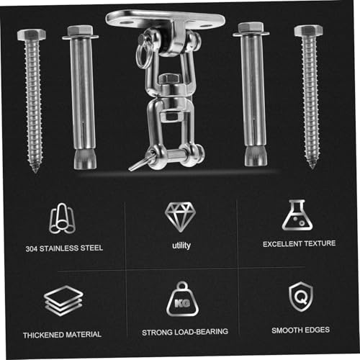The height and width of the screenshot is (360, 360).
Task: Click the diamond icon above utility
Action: (180, 217)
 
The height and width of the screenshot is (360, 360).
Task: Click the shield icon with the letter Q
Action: (301, 297)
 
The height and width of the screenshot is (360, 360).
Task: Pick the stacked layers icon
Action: (63, 300)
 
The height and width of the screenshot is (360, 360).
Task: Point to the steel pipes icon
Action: (62, 218)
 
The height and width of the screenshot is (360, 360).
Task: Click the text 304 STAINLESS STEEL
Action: (64, 248)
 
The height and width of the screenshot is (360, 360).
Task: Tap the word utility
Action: (181, 246)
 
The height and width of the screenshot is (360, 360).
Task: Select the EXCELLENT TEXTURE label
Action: (299, 243)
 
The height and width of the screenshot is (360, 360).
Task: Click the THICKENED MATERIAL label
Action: (62, 335)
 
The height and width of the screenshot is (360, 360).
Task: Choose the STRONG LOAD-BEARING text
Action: (185, 332)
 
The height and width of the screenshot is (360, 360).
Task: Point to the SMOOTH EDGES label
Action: (300, 330)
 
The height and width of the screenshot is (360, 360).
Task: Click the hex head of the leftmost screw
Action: (32, 35)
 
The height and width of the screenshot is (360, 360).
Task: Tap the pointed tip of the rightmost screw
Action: (312, 167)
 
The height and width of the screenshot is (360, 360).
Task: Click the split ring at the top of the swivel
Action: (143, 55)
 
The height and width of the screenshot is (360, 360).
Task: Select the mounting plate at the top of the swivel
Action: (166, 20)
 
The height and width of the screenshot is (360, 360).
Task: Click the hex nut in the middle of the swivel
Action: (170, 78)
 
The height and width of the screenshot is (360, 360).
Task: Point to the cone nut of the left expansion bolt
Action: (85, 159)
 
